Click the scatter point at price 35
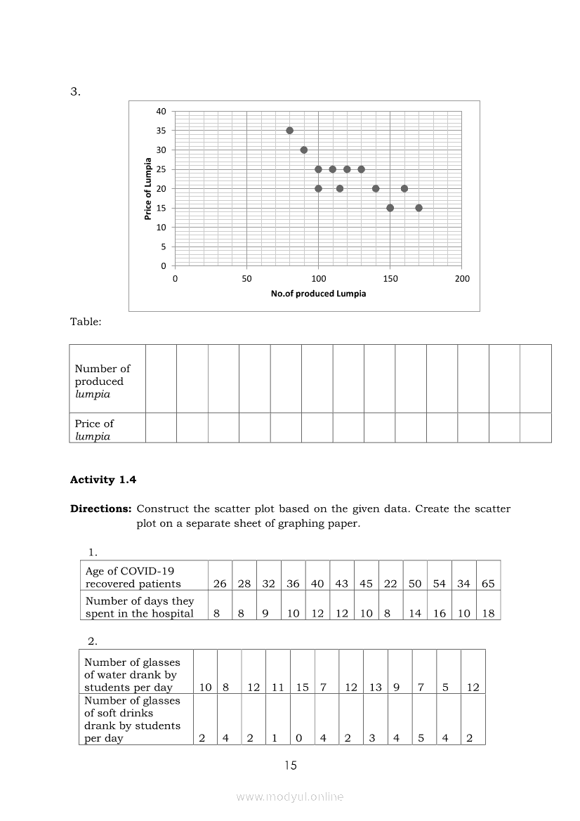tap(289, 131)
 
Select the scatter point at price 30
tap(304, 150)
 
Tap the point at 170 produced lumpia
tap(418, 208)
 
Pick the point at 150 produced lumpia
tap(390, 208)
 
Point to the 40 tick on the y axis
tap(162, 112)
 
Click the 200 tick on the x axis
tap(462, 279)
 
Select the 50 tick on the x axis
tap(246, 279)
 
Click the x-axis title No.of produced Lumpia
tap(318, 294)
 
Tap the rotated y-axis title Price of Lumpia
tap(148, 189)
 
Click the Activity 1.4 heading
tap(103, 480)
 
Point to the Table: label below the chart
tap(86, 322)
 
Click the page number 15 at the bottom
tap(291, 766)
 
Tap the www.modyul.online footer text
tap(290, 796)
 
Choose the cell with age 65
tap(488, 584)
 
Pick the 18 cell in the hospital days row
tap(488, 613)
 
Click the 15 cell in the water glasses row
tap(302, 688)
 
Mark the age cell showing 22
tap(390, 584)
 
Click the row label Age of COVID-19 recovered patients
tap(133, 577)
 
